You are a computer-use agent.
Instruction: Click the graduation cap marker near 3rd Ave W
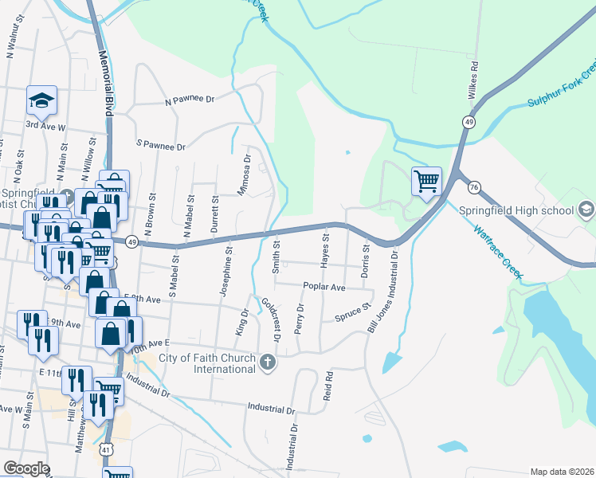[x=41, y=100]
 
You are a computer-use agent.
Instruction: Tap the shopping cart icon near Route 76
[x=426, y=181]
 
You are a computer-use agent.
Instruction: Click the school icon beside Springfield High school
[x=586, y=210]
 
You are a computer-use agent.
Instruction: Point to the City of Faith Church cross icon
[x=268, y=363]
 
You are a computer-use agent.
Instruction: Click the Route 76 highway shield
[x=475, y=187]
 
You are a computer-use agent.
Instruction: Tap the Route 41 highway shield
[x=106, y=449]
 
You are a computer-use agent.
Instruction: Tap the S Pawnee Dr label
[x=161, y=147]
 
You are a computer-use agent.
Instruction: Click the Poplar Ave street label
[x=323, y=287]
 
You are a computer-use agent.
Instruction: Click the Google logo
[x=27, y=468]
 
